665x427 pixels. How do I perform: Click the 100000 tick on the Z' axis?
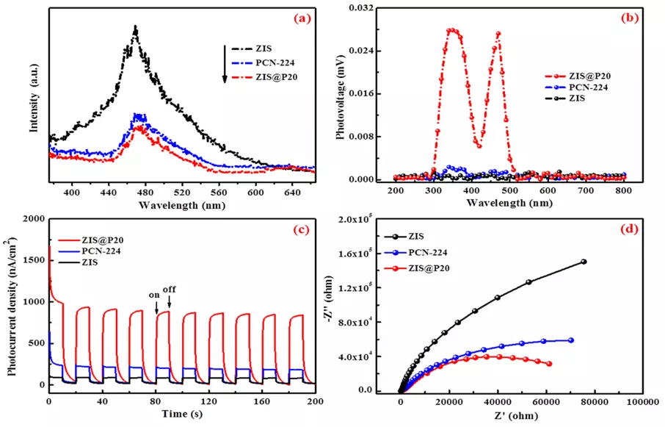642,402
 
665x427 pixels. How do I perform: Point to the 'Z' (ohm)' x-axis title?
520,416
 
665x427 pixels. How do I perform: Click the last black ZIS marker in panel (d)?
584,261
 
